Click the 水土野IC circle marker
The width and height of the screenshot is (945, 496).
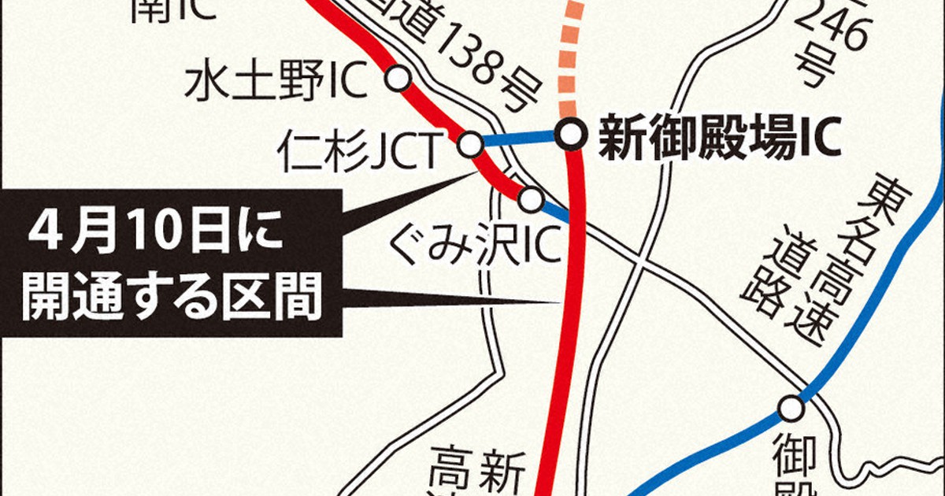[x=398, y=78]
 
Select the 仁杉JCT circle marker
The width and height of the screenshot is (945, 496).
[x=470, y=145]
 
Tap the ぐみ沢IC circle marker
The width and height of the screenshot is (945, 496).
[x=531, y=200]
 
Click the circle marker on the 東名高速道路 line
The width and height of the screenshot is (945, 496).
[x=791, y=408]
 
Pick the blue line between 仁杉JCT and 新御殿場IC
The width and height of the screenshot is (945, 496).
[x=520, y=140]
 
